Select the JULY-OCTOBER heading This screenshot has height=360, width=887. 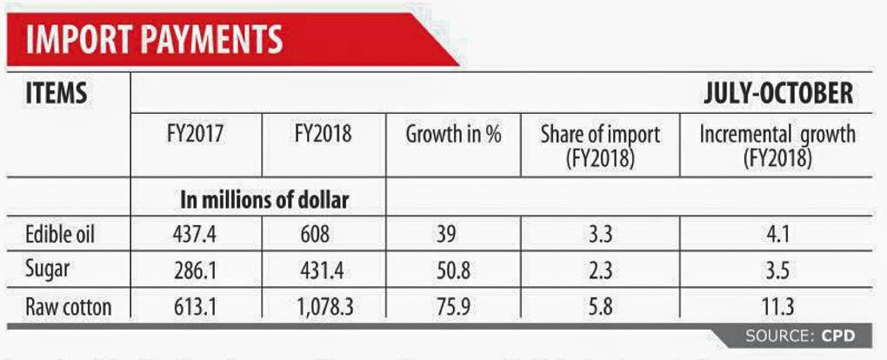click(x=777, y=94)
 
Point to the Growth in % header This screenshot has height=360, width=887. click(x=453, y=136)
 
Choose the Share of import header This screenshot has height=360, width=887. click(x=600, y=146)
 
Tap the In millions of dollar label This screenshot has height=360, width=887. click(x=264, y=200)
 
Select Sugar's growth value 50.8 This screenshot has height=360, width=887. click(x=453, y=270)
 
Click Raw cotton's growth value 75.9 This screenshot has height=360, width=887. click(x=453, y=306)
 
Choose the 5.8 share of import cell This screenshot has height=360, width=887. click(x=600, y=306)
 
